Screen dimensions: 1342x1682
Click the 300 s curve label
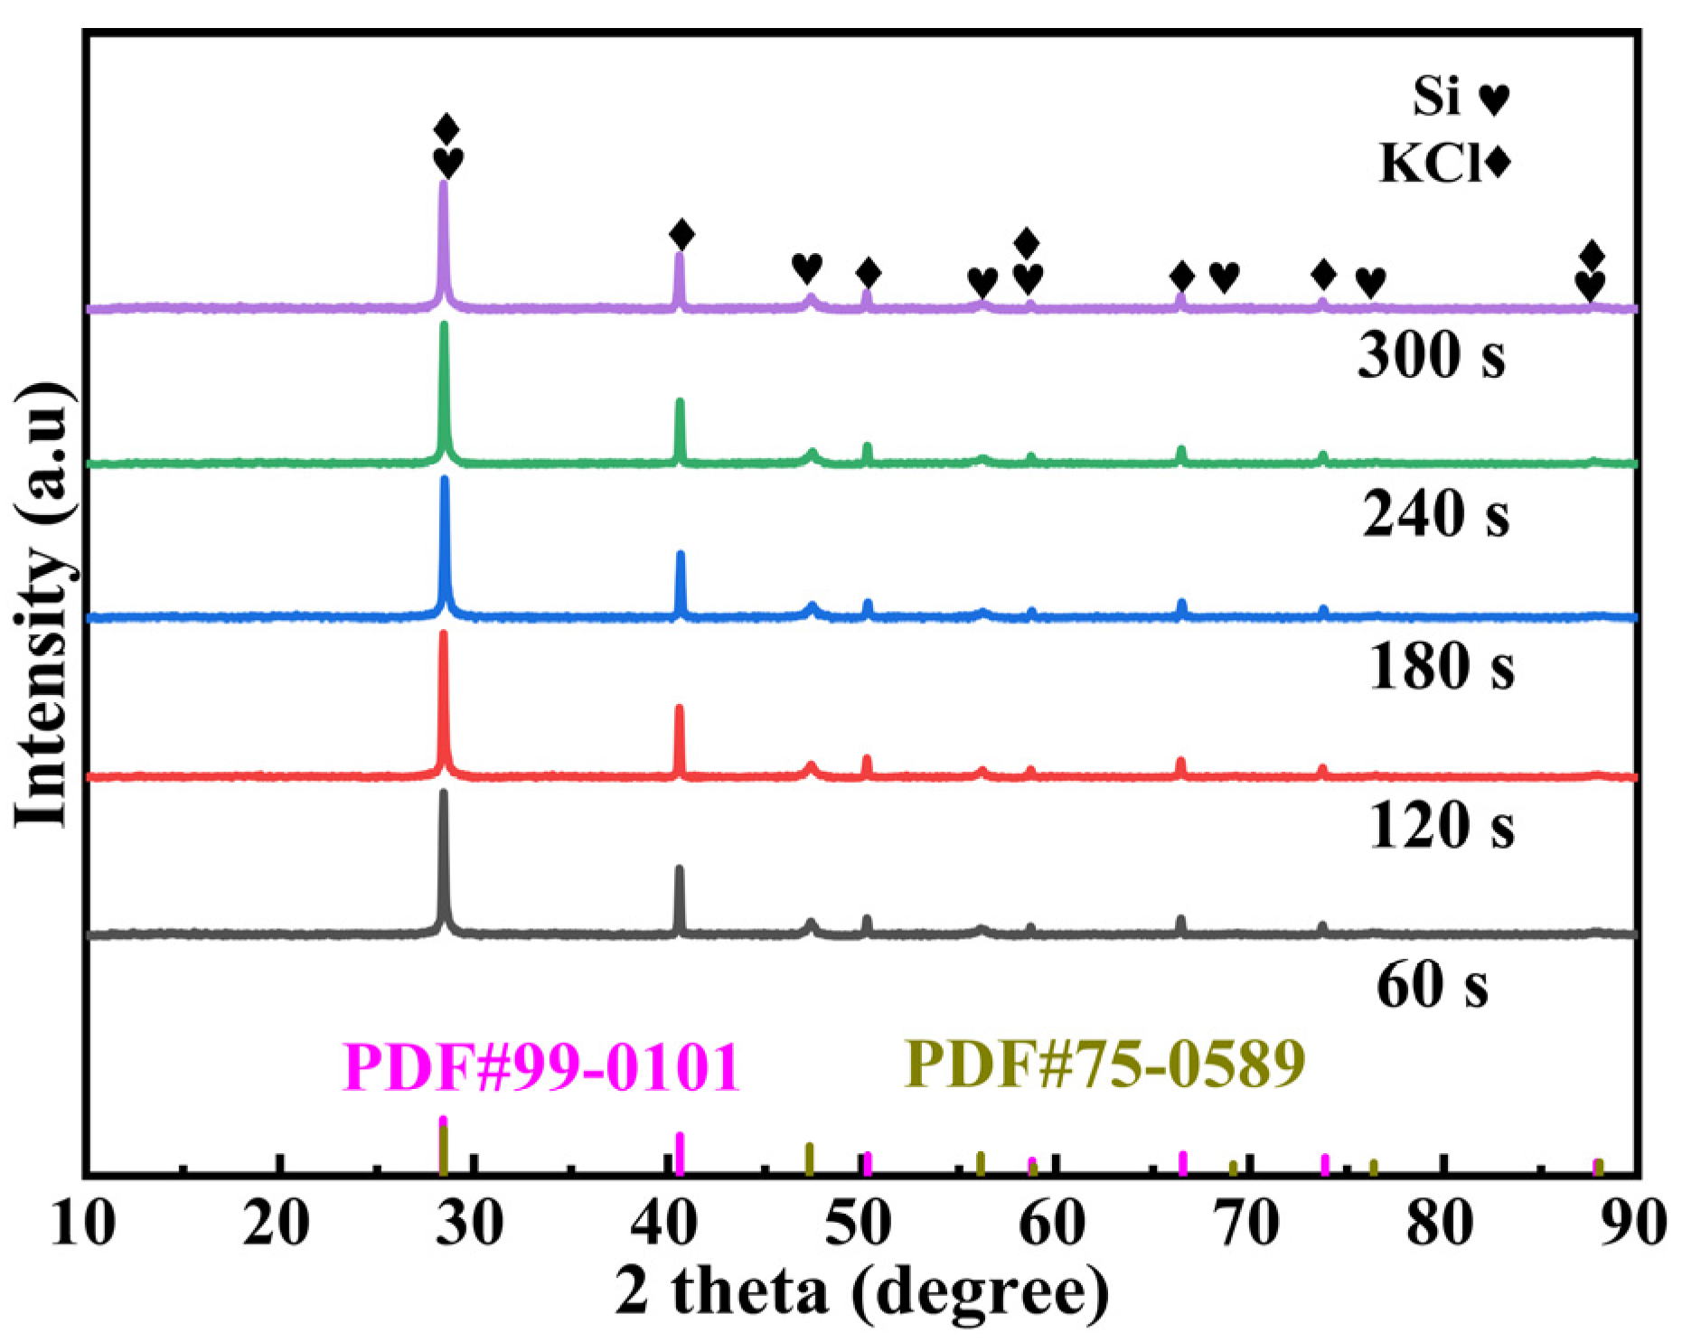coord(1431,354)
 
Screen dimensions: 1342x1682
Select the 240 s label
coord(1435,513)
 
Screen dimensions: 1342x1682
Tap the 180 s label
coord(1441,667)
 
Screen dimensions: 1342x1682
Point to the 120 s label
coord(1441,825)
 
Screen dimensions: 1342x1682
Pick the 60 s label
coord(1432,984)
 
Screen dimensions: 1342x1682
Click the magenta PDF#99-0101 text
coord(541,1067)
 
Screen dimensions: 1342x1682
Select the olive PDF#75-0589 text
coord(1105,1063)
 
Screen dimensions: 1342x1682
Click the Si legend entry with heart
coord(1461,97)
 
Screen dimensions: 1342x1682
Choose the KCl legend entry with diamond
coord(1444,164)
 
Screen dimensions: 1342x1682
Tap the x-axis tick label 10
coord(83,1224)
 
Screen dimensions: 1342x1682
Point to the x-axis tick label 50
coord(860,1224)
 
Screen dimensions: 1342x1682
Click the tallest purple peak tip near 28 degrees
coord(443,184)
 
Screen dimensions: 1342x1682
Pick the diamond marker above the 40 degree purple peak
coord(682,235)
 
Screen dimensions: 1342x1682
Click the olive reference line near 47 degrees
coord(810,1159)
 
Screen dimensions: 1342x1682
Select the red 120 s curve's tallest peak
coord(443,634)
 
